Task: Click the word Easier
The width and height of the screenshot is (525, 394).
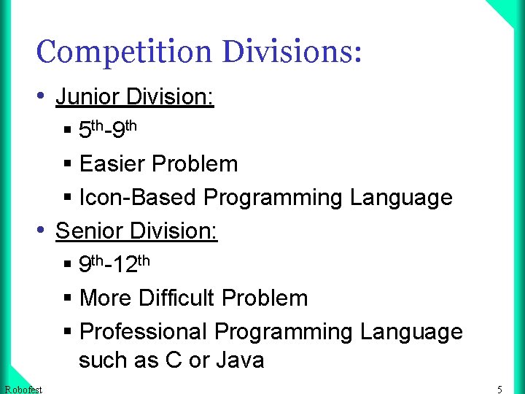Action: pos(112,164)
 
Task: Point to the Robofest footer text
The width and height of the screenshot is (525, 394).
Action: pos(23,389)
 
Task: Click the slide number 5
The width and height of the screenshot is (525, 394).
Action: pos(499,389)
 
